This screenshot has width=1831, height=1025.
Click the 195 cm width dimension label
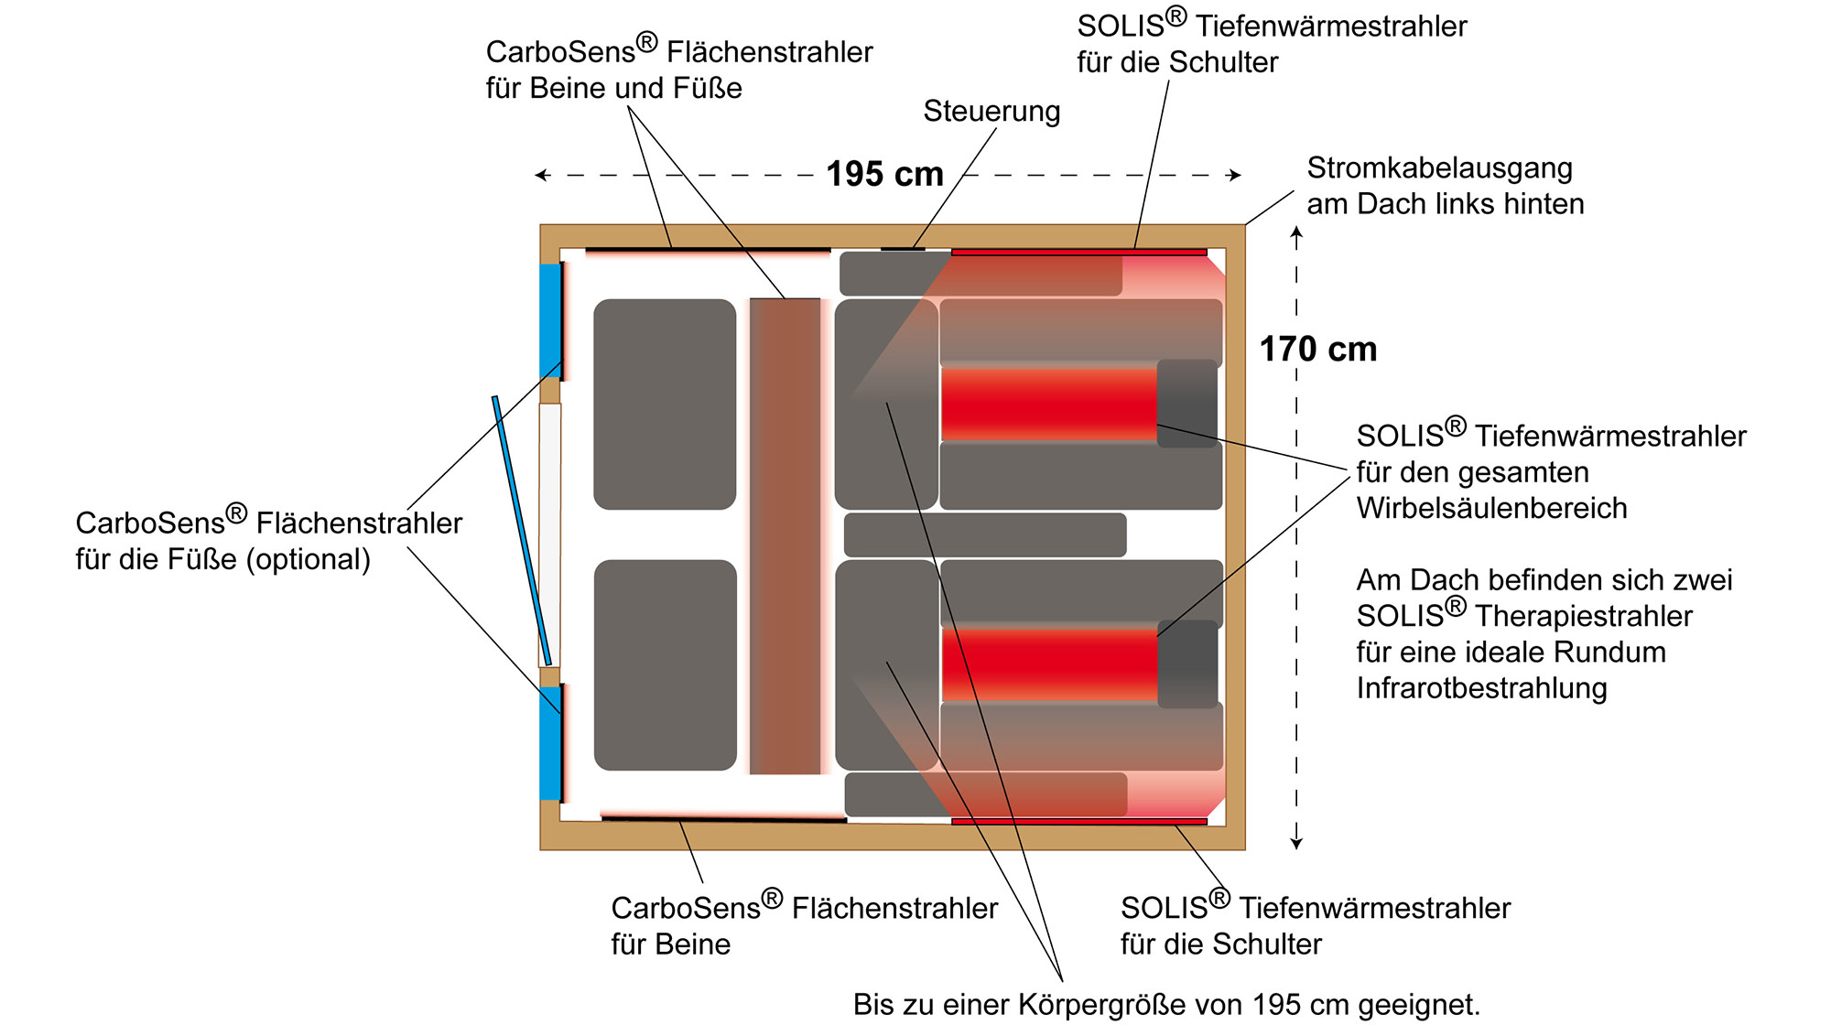click(x=884, y=174)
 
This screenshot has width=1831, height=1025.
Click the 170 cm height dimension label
click(x=1317, y=349)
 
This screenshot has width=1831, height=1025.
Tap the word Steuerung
click(x=991, y=111)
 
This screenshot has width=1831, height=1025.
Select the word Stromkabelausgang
click(x=1439, y=168)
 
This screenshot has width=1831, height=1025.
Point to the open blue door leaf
click(x=522, y=531)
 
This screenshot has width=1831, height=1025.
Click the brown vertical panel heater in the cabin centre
click(x=785, y=536)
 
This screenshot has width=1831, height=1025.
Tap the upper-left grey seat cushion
click(x=665, y=404)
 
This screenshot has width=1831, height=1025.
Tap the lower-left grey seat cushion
click(x=666, y=665)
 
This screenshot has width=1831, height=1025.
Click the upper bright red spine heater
click(x=1049, y=404)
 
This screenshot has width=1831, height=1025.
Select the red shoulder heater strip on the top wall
click(x=1078, y=252)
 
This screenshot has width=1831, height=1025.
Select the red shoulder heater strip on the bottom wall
click(x=1078, y=822)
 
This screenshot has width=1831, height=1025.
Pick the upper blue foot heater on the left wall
click(x=549, y=320)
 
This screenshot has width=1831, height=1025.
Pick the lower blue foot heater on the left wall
click(x=549, y=743)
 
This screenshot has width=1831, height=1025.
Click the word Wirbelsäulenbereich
click(x=1491, y=508)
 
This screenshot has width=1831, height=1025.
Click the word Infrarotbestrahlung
click(x=1481, y=688)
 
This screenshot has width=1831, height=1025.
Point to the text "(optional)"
click(x=308, y=559)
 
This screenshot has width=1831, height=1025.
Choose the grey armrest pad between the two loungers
click(x=985, y=534)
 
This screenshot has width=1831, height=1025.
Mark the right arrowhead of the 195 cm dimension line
click(x=1236, y=175)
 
